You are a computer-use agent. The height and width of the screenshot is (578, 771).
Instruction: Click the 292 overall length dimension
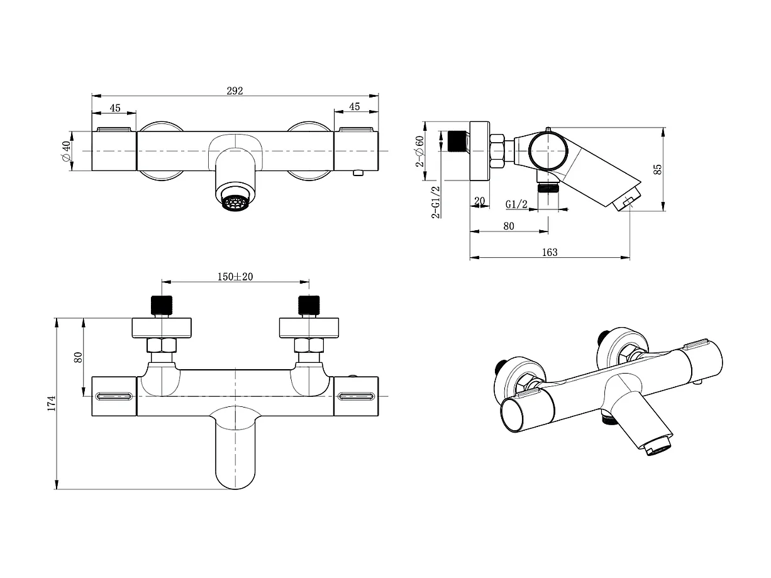click(235, 91)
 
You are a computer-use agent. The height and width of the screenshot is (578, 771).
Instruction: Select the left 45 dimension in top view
click(115, 108)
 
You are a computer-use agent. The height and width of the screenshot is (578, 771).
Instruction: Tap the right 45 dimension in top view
click(355, 107)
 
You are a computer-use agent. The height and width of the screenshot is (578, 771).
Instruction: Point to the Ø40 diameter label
click(65, 152)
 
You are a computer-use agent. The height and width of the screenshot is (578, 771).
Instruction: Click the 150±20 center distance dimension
click(235, 277)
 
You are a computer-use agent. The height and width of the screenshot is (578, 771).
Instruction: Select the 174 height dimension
click(52, 403)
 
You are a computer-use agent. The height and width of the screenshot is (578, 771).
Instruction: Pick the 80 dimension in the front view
click(79, 357)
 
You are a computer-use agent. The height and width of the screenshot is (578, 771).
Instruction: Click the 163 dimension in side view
click(549, 252)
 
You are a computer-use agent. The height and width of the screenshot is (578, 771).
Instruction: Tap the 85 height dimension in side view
click(658, 169)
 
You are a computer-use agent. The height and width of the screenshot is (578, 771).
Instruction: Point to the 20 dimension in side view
click(480, 201)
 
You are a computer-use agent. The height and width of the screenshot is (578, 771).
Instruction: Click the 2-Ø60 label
click(419, 151)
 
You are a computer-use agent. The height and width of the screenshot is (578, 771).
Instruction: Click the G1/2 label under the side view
click(516, 204)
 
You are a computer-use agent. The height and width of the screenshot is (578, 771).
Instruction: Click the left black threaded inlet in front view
click(162, 305)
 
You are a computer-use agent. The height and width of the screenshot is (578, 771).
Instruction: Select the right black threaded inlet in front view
click(309, 305)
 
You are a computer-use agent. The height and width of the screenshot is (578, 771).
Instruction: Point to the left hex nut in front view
click(162, 345)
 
